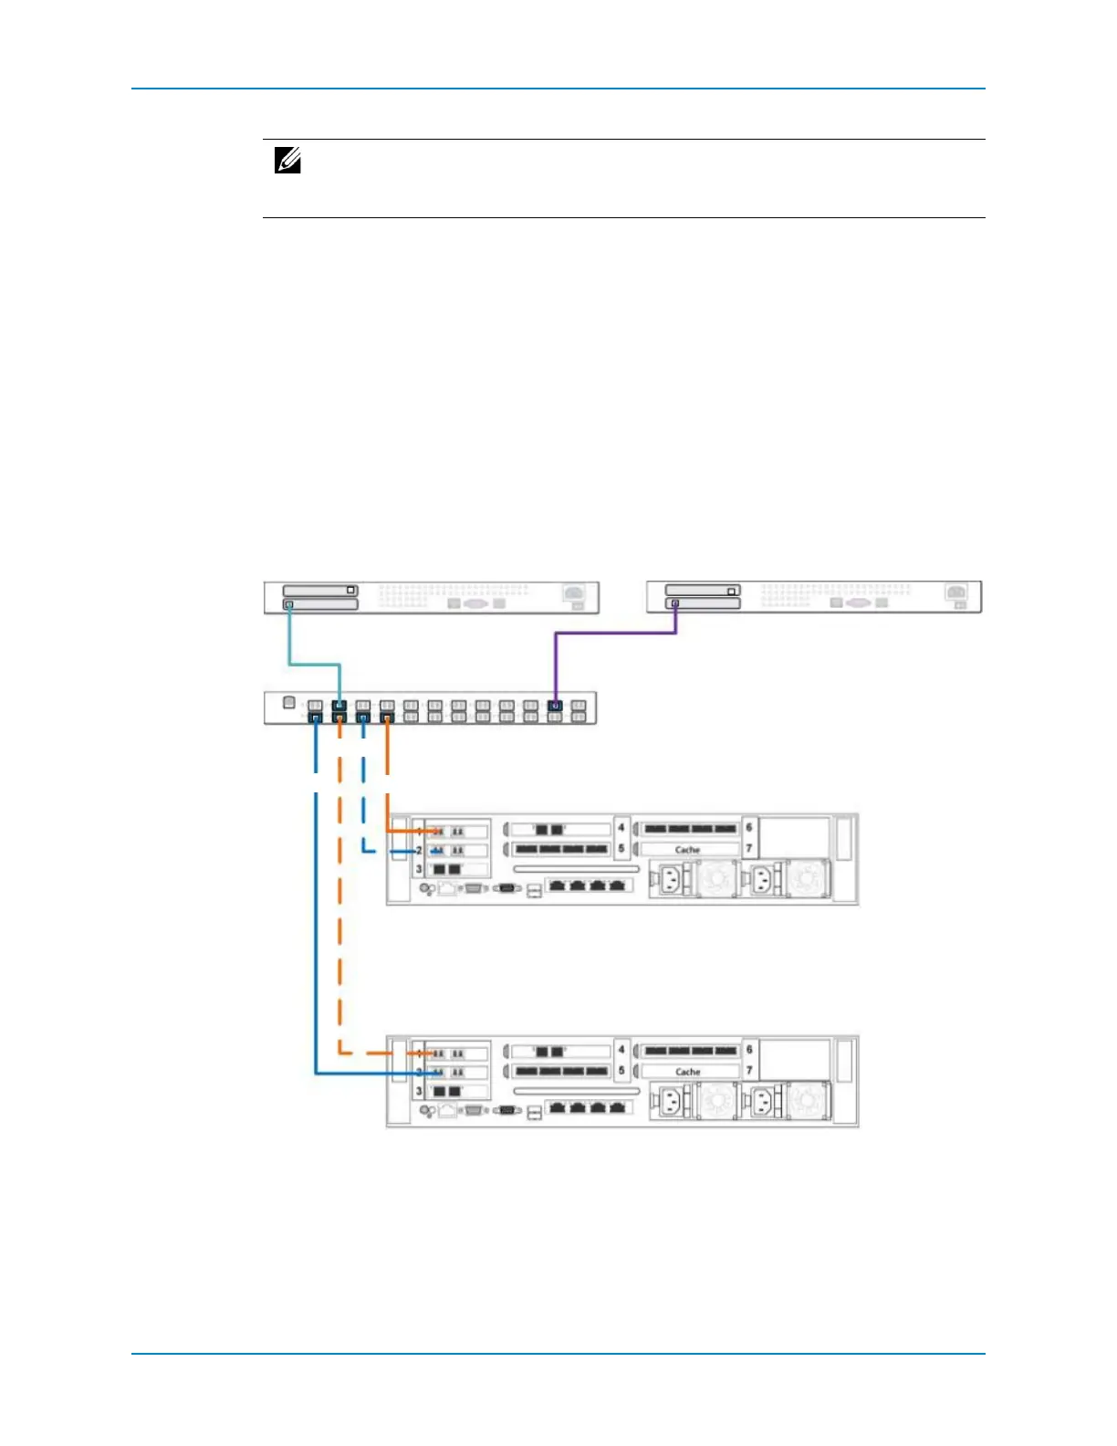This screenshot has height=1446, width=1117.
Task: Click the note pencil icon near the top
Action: (x=287, y=162)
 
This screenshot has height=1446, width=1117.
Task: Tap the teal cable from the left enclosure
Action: (x=315, y=664)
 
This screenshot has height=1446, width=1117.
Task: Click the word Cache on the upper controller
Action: (x=687, y=850)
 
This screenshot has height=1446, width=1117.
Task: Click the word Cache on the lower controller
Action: (x=687, y=1072)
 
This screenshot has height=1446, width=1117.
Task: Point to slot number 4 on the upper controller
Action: (x=621, y=828)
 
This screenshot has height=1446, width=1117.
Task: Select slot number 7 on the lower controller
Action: (x=749, y=1071)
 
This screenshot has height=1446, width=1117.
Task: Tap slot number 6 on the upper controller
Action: (x=749, y=828)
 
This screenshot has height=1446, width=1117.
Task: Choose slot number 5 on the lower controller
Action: (x=621, y=1071)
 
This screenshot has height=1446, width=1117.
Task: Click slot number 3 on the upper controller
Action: (x=419, y=869)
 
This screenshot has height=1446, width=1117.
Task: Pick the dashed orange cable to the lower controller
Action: (x=339, y=913)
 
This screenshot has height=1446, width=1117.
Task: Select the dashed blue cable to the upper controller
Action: (x=363, y=803)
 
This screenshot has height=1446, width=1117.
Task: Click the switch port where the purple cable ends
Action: (x=554, y=706)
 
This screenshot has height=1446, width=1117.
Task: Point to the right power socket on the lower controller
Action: (x=763, y=1103)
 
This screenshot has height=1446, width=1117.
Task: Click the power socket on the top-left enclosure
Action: (x=573, y=592)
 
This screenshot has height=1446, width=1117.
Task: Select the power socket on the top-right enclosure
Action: (x=955, y=592)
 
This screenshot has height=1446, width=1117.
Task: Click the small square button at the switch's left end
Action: (x=288, y=703)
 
